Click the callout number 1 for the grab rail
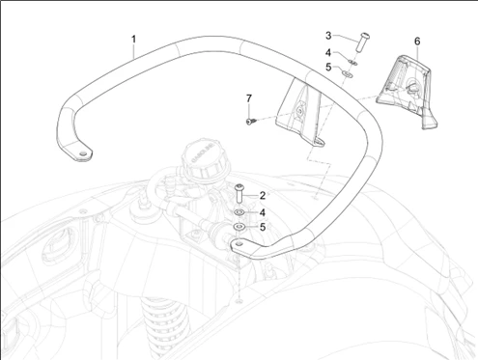(133, 40)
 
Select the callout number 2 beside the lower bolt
(263, 195)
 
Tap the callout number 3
(328, 36)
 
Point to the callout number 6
(417, 42)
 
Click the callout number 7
(249, 98)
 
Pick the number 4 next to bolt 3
(328, 52)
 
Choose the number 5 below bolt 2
(263, 227)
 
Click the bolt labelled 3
(362, 42)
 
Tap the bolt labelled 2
(239, 193)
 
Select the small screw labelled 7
(251, 122)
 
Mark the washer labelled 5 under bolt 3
(348, 74)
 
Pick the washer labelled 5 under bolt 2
(239, 227)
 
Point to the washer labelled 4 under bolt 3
(353, 62)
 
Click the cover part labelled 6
(407, 91)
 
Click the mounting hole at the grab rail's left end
(84, 153)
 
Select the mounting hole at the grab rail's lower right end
(239, 244)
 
